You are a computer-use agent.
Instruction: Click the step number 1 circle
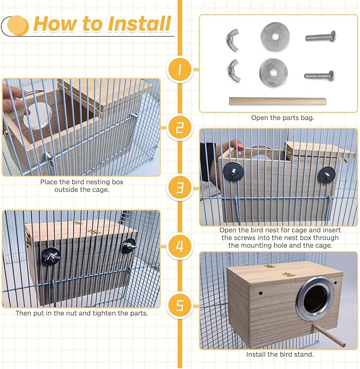179,69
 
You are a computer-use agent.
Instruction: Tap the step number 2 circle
179,128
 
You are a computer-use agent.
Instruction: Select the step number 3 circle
179,187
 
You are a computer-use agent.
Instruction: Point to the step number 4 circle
179,246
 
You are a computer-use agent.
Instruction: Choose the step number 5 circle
179,305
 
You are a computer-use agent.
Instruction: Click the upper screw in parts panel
320,37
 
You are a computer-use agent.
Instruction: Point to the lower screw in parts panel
319,75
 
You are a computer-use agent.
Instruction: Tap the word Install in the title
139,24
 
